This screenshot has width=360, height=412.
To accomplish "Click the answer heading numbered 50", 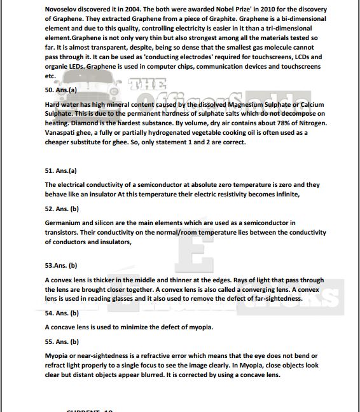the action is [x=61, y=90].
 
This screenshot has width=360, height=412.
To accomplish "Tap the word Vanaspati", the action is [x=62, y=132].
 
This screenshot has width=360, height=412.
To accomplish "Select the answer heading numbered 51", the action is [x=61, y=171].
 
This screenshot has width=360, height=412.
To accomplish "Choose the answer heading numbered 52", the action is [x=62, y=209].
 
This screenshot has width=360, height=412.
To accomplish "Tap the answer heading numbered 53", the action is [x=61, y=265].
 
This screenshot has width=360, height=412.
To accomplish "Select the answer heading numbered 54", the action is [x=62, y=313].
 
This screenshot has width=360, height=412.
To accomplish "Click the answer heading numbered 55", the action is [x=62, y=341].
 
